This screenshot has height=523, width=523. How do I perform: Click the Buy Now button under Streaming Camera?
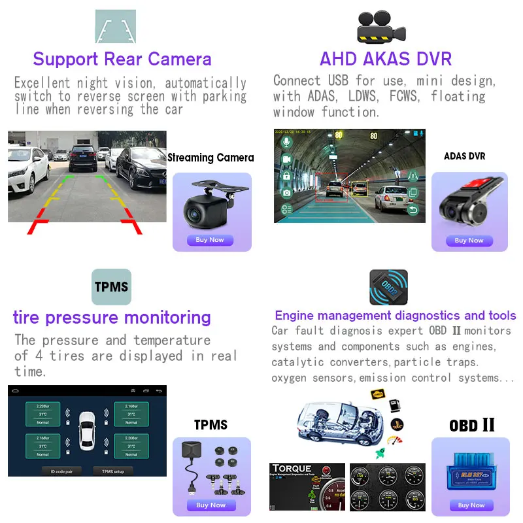210,240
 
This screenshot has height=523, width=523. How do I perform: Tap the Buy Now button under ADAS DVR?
469,241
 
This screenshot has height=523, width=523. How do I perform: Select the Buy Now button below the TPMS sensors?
211,505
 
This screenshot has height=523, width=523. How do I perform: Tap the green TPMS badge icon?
111,287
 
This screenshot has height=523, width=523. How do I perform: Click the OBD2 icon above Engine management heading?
388,286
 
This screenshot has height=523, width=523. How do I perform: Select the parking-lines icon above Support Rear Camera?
116,27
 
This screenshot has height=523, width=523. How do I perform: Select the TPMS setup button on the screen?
113,471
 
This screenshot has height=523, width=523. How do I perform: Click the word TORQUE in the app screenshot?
292,469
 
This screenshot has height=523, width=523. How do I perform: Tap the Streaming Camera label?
211,158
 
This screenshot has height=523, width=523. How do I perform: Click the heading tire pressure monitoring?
112,318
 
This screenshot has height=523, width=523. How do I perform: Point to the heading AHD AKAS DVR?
385,59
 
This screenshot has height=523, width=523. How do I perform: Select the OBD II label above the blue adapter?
471,426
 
